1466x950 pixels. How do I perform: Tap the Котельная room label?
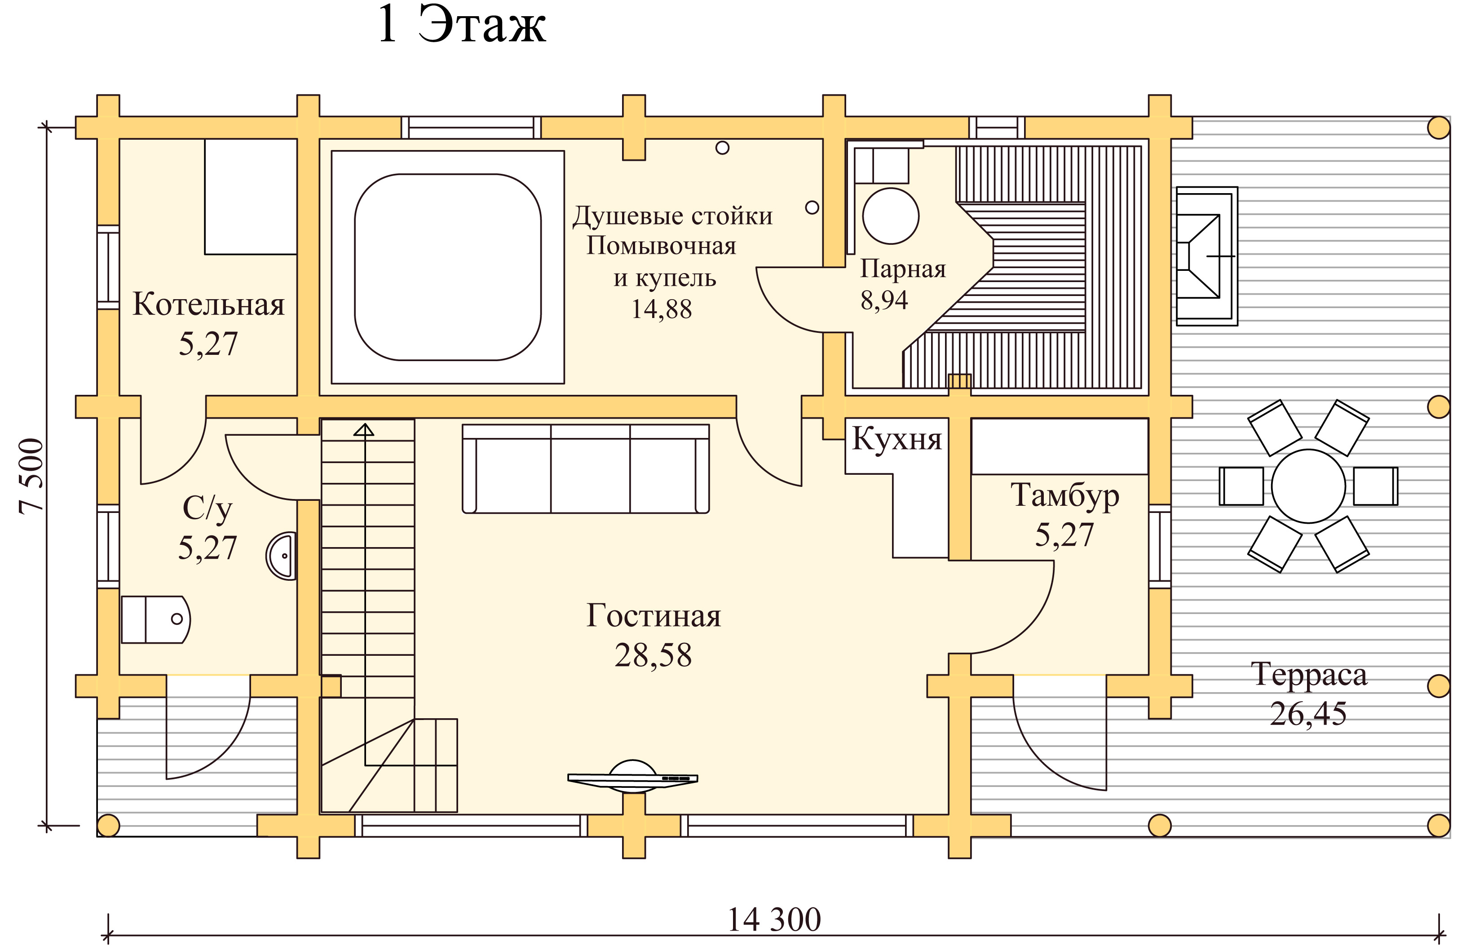tap(209, 305)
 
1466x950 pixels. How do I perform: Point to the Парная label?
tap(902, 269)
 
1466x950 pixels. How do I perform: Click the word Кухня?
tap(897, 439)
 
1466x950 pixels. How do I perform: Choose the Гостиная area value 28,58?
tap(653, 655)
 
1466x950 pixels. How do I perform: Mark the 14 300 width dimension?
tap(774, 920)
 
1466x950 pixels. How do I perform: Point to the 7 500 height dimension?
tap(32, 476)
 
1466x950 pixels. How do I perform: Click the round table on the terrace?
tap(1308, 486)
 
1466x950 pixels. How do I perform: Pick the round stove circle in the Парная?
tap(891, 216)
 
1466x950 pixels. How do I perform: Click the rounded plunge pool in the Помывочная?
tap(448, 267)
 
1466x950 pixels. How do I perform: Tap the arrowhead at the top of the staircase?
tap(364, 429)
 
